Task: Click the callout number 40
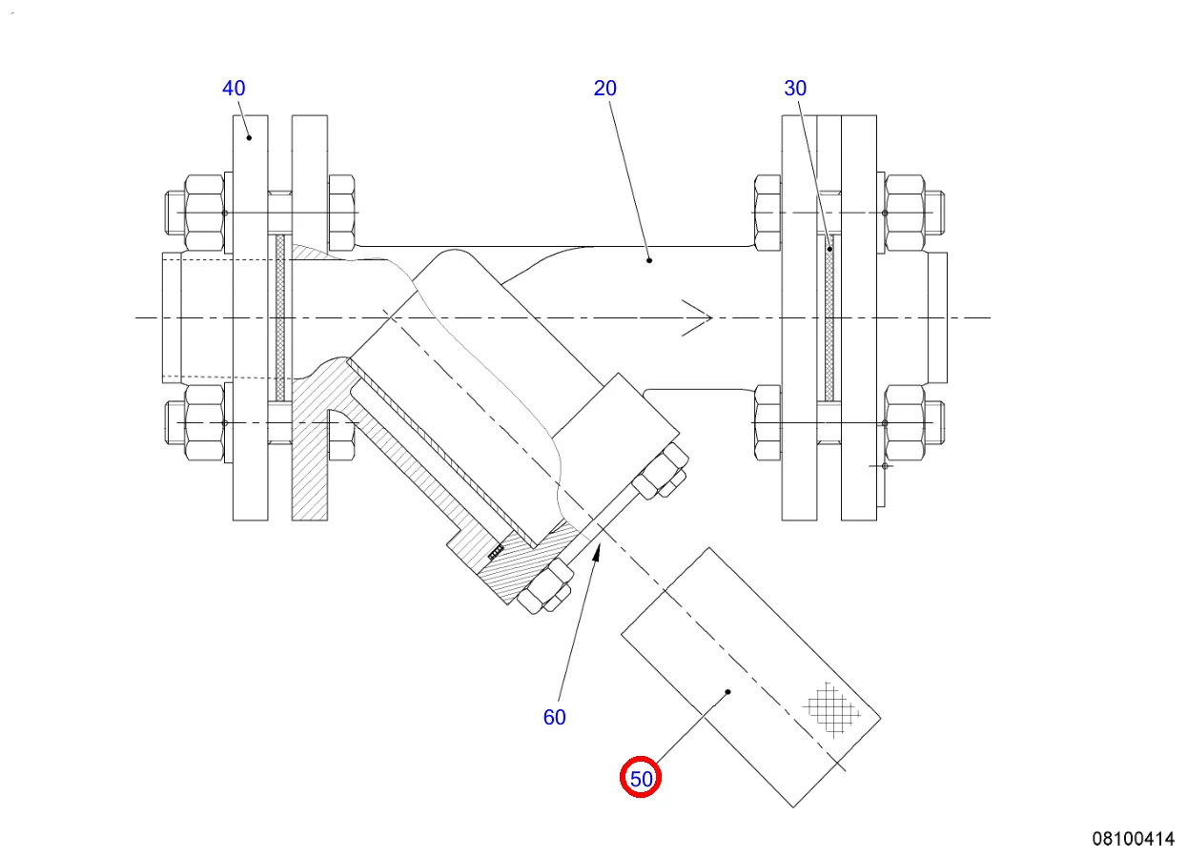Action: (x=234, y=89)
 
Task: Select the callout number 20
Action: (x=605, y=89)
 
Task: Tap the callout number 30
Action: (x=795, y=89)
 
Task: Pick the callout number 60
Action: (x=555, y=718)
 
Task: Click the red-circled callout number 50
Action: (x=642, y=779)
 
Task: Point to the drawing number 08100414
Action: (x=1134, y=839)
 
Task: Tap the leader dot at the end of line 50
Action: (x=727, y=692)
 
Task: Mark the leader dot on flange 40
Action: (x=250, y=137)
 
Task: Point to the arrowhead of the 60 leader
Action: (x=598, y=551)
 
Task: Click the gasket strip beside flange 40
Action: (x=280, y=317)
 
